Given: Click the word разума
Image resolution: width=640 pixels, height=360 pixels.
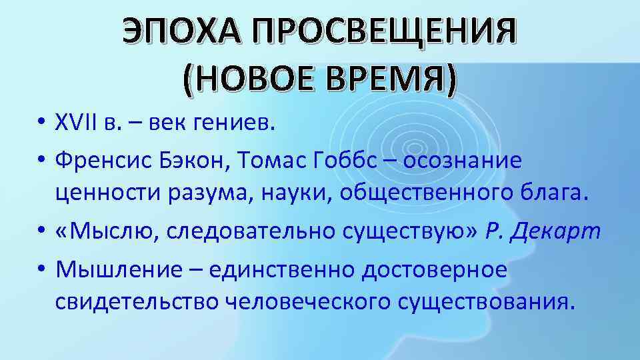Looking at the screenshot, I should (x=208, y=194).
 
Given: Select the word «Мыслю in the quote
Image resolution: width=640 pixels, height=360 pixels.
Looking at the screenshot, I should (x=106, y=231).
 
